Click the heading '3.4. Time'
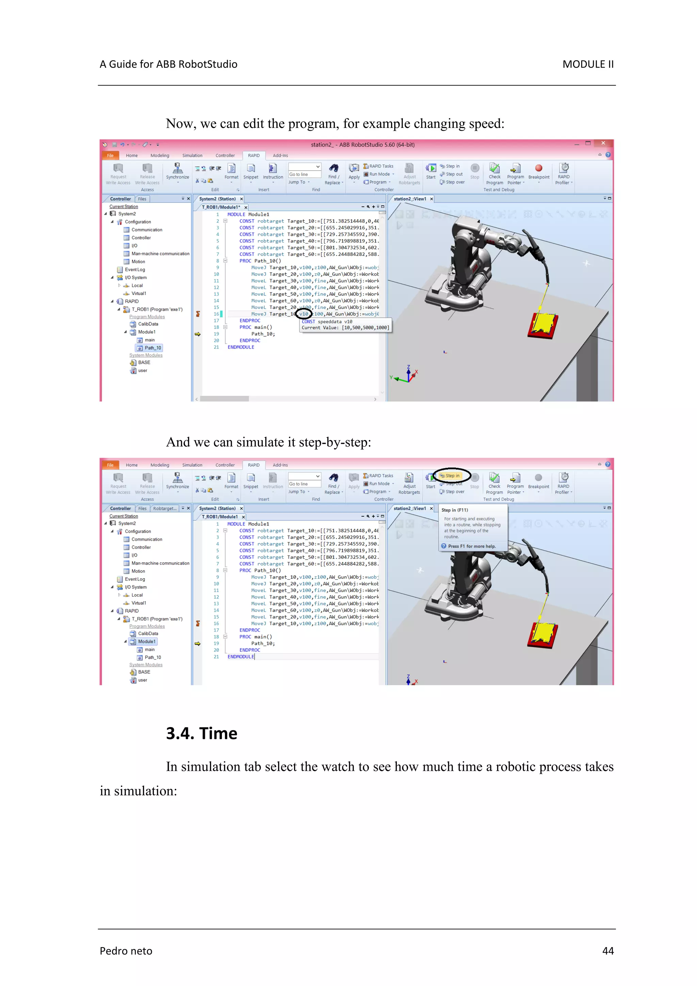201,733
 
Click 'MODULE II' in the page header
587,64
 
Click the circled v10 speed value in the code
304,314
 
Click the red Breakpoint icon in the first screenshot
538,168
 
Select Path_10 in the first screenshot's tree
152,348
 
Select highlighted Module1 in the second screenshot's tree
146,641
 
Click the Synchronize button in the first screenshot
177,171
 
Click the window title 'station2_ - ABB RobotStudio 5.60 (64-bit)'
362,145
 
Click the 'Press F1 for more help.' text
471,546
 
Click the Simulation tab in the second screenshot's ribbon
192,465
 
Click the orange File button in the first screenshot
110,156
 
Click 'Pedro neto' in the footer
126,951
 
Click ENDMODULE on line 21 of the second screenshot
241,657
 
